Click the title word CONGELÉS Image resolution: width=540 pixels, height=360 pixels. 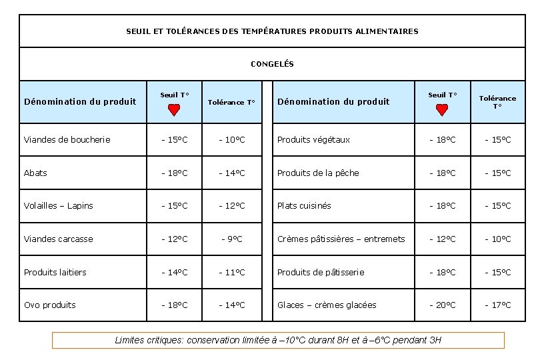pos(272,64)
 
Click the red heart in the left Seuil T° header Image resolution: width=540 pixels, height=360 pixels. pos(174,110)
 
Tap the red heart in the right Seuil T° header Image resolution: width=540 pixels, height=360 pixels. pos(441,110)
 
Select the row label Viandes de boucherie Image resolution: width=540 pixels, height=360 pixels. pos(67,139)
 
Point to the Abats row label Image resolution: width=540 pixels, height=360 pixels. pos(35,173)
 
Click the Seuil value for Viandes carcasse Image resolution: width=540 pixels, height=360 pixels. pos(175,239)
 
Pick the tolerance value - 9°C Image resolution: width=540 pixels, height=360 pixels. pos(231,239)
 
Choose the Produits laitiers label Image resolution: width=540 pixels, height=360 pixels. pos(55,272)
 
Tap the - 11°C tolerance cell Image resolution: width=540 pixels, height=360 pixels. pos(231,272)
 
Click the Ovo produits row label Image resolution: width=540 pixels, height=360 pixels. pos(49,305)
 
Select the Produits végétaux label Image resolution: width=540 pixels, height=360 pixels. pos(313,139)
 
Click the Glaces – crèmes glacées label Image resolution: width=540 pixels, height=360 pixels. pos(327,305)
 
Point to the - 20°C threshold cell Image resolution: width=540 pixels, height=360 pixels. pos(442,305)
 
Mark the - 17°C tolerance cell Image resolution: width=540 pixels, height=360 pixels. pos(497,305)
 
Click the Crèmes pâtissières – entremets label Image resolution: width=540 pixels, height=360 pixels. pos(341,239)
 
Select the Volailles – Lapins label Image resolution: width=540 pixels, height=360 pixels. pos(58,205)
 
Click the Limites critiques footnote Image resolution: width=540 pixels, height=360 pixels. pos(278,340)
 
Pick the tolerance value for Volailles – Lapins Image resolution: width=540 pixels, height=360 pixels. pos(231,205)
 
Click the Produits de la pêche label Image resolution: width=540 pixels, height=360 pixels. pos(318,173)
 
